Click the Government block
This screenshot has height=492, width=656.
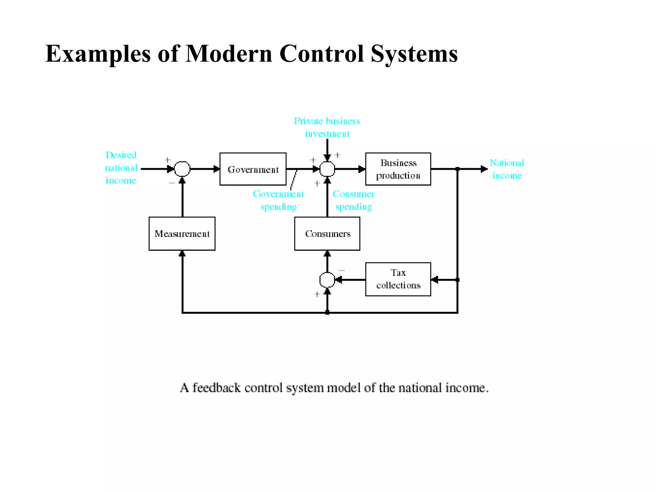point(253,169)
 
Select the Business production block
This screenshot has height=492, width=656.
point(398,169)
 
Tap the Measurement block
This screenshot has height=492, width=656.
point(182,234)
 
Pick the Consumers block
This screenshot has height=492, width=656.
point(327,234)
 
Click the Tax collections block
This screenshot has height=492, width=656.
point(398,279)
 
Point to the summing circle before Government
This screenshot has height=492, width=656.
point(182,169)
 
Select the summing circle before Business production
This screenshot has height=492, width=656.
point(327,169)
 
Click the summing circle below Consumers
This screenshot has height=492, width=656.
point(327,280)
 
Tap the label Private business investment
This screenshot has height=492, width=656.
point(327,127)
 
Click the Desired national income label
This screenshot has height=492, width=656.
point(121,168)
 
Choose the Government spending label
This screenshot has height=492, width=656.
point(278,200)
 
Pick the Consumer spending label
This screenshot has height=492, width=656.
point(353,200)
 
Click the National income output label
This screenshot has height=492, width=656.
point(507,169)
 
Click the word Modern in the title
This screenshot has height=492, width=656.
point(229,53)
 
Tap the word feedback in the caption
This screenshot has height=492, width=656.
point(216,388)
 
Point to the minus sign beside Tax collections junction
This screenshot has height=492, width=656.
point(342,271)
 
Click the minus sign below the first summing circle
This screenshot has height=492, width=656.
point(172,183)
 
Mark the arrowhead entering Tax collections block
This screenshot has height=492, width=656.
point(434,280)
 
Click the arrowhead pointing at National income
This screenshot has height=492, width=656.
point(484,169)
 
